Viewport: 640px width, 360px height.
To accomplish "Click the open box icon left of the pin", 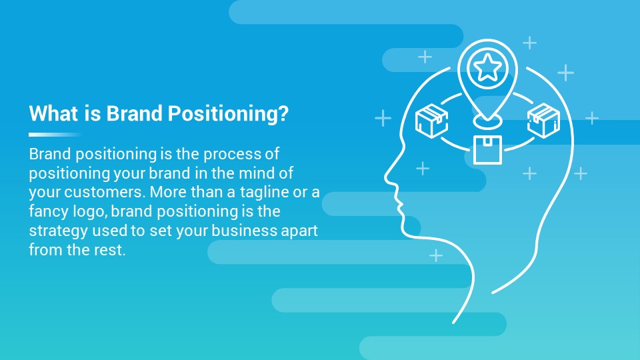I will pyautogui.click(x=432, y=121).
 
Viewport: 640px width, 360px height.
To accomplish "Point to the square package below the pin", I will pyautogui.click(x=487, y=149).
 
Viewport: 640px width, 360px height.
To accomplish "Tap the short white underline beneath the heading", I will pyautogui.click(x=55, y=134).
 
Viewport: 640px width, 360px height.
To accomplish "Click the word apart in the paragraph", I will pyautogui.click(x=298, y=231).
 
